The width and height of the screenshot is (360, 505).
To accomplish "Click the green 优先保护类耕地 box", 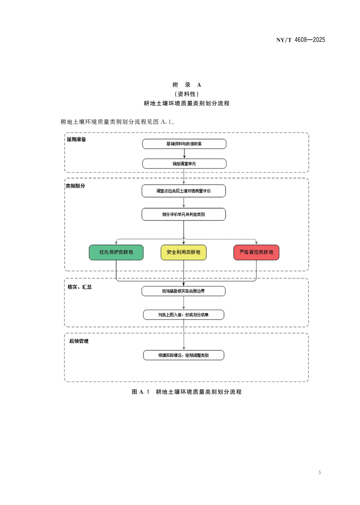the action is click(x=116, y=252).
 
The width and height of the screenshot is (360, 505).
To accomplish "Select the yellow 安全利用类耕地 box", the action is click(x=184, y=252).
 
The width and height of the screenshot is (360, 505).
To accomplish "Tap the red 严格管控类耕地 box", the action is click(x=256, y=252).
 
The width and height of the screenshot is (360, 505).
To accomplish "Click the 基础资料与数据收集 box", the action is click(x=184, y=144).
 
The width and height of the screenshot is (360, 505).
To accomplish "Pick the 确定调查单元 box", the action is click(x=184, y=164).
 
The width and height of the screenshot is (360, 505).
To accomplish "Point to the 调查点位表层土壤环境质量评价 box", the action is click(x=184, y=191).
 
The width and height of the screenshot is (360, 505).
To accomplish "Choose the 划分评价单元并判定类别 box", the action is click(x=184, y=214).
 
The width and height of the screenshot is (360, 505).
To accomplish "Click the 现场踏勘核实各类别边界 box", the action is click(x=184, y=291).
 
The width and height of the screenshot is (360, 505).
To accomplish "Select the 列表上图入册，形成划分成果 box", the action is click(x=184, y=314).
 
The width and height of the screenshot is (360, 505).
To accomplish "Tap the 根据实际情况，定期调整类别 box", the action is click(x=184, y=355).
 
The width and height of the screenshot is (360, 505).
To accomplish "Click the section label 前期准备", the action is click(x=76, y=139).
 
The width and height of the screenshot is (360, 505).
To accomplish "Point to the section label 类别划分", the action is click(x=75, y=186).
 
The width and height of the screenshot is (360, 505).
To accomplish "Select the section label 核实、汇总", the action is click(x=79, y=287).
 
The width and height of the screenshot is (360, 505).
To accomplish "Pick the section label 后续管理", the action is click(x=79, y=341).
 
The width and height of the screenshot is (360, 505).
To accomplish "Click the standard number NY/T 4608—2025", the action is click(x=300, y=40).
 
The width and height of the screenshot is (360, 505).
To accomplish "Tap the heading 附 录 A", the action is click(x=187, y=85).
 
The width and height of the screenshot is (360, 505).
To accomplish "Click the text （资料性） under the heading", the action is click(x=187, y=94).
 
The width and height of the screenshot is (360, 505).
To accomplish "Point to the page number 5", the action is click(x=320, y=472).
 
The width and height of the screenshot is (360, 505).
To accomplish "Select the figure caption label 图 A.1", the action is click(x=141, y=392).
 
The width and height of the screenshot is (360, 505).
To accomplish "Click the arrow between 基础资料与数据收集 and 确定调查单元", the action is click(x=184, y=154).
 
